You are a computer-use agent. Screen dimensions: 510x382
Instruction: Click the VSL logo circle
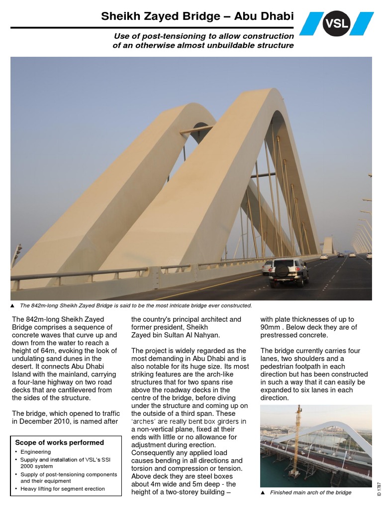click(x=336, y=24)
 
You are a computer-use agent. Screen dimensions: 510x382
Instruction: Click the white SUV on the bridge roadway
click(x=285, y=271)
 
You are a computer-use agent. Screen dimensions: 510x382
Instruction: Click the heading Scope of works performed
click(x=59, y=442)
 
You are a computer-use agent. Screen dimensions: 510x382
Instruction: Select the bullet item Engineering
click(x=35, y=452)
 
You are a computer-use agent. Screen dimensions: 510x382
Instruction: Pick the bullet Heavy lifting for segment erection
click(x=63, y=489)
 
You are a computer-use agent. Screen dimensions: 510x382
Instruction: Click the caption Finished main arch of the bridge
click(x=310, y=493)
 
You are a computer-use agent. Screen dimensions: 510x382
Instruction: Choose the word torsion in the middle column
click(x=143, y=468)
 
